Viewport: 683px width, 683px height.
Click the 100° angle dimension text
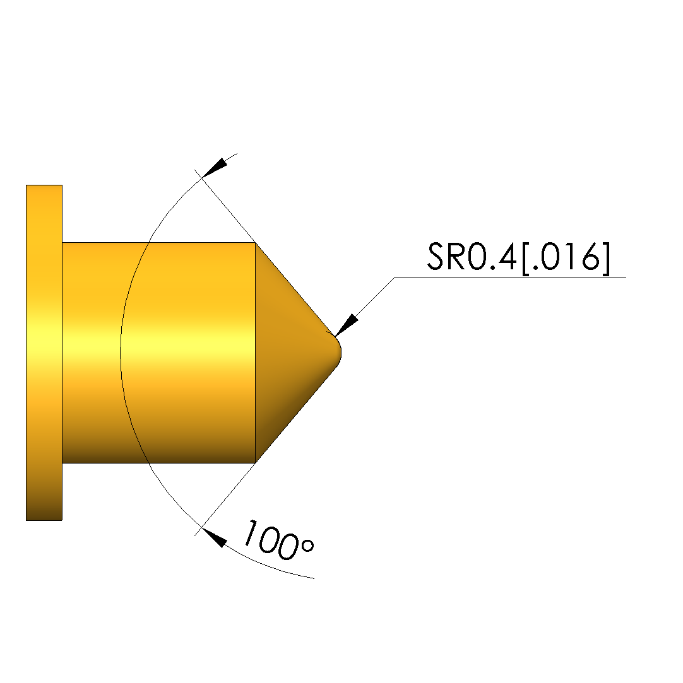pos(278,539)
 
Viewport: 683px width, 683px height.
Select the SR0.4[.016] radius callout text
pos(518,259)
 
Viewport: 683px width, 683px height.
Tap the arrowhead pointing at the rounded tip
pos(346,325)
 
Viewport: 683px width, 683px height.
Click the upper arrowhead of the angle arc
pos(215,168)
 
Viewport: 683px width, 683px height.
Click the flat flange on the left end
pos(44,353)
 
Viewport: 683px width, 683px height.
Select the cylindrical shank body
pos(158,353)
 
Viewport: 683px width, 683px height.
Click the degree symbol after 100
pos(307,546)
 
